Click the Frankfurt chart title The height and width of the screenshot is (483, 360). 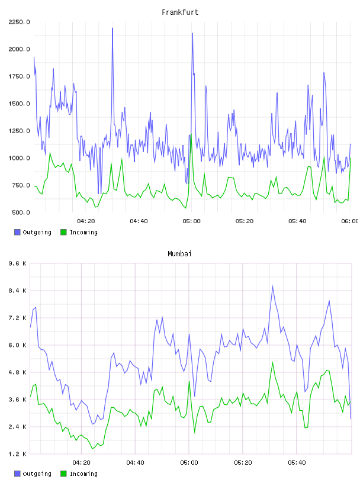(x=180, y=12)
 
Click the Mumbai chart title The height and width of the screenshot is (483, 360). (x=179, y=253)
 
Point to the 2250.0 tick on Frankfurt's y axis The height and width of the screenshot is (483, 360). (x=19, y=22)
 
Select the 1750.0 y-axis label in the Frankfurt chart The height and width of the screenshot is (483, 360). (x=19, y=76)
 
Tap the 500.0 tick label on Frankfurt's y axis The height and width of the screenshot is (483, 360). (x=21, y=212)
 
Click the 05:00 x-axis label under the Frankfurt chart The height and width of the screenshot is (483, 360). (x=191, y=221)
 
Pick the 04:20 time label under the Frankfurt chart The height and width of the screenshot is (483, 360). (x=86, y=221)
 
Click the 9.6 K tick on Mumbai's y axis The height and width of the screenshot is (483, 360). (x=18, y=263)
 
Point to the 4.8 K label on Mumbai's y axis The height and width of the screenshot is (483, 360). (x=18, y=372)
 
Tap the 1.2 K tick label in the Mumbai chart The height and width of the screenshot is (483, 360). (x=18, y=454)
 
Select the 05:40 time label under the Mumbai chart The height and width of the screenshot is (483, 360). (x=297, y=463)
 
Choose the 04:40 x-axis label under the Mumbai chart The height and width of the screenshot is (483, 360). (x=136, y=463)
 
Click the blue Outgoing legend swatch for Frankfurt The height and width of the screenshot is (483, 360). (x=17, y=232)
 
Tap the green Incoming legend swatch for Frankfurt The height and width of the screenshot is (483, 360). (x=63, y=232)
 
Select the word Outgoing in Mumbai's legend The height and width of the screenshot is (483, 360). (x=37, y=474)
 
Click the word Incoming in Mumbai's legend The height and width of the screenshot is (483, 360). (x=83, y=474)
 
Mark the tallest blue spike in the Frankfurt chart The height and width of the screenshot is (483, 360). (x=112, y=28)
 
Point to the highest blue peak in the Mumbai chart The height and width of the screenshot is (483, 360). (x=273, y=286)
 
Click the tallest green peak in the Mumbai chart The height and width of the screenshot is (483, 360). (x=273, y=363)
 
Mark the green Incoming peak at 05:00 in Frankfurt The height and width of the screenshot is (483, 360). (x=191, y=134)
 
